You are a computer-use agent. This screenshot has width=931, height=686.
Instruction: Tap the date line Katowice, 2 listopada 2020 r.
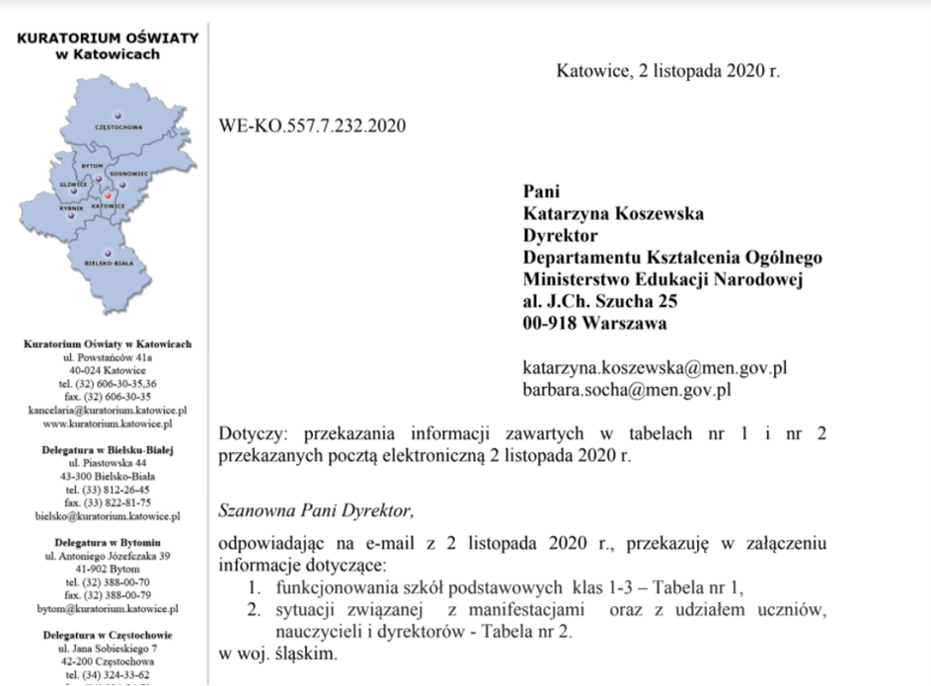point(668,71)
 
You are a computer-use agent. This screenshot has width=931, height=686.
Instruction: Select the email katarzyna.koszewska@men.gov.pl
point(655,368)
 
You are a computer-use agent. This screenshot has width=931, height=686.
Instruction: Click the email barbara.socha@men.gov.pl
point(626,389)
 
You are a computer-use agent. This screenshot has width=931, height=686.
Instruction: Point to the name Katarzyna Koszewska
point(613,214)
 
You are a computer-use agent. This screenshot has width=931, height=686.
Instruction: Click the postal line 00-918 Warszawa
point(594,323)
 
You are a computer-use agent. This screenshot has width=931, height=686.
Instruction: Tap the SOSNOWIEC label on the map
point(129,174)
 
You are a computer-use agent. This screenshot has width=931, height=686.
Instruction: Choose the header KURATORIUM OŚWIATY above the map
point(108,38)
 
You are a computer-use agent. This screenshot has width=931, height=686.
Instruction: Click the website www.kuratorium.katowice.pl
point(108,423)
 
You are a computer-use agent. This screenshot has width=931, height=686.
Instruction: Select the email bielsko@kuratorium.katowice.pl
point(108,515)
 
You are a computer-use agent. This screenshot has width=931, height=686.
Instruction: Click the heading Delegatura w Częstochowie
point(108,636)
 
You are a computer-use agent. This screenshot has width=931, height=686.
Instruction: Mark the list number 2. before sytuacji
point(255,609)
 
